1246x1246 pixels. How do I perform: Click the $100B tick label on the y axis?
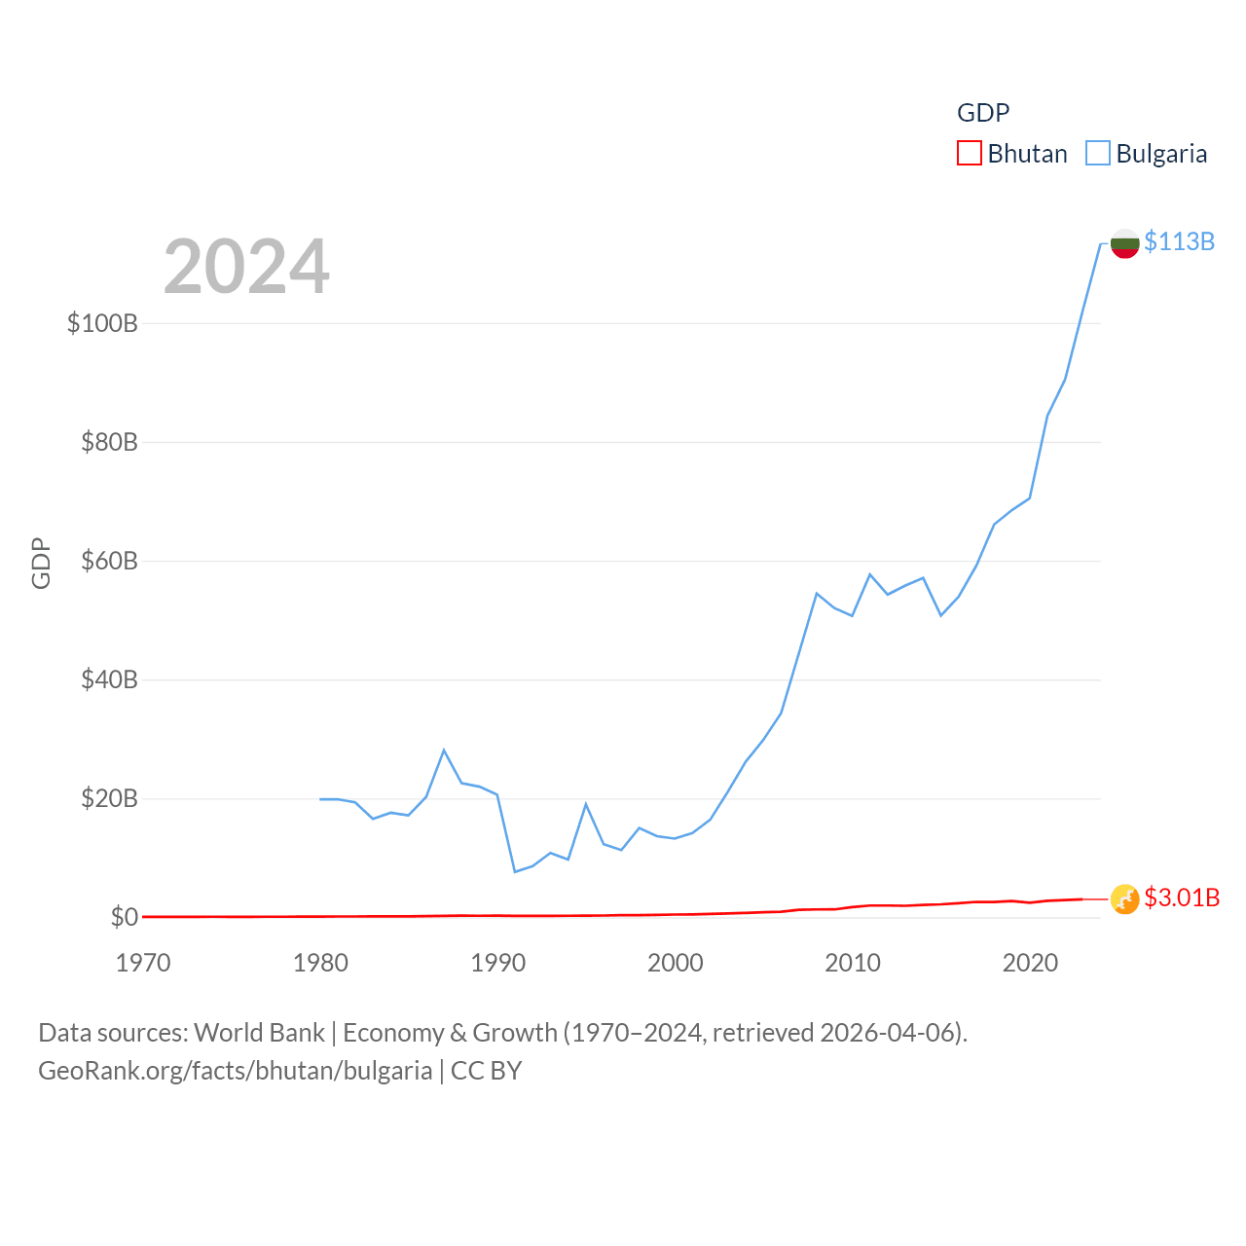point(102,323)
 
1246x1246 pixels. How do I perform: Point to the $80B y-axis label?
point(109,442)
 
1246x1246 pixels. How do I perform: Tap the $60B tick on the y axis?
point(109,561)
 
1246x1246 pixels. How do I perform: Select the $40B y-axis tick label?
point(109,679)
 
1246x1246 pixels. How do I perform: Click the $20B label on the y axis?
point(109,799)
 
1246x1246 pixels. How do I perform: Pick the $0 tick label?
point(124,917)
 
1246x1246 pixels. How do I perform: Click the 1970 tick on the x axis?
point(143,963)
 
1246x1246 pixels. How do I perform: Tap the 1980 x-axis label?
point(320,963)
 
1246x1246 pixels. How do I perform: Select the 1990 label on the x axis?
point(497,963)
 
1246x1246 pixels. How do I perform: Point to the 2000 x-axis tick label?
point(676,963)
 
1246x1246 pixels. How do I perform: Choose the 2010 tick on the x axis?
point(853,963)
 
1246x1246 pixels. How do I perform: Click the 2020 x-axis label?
point(1030,963)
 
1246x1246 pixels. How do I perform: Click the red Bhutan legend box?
point(970,153)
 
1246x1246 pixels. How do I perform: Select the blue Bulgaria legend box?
point(1098,153)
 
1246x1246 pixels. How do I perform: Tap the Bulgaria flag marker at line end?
point(1124,243)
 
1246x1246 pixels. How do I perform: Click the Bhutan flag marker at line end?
point(1124,898)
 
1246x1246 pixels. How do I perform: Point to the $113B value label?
point(1179,241)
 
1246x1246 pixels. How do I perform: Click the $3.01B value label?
point(1182,898)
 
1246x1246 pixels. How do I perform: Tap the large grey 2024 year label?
point(246,267)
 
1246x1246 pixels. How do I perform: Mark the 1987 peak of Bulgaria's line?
point(444,750)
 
